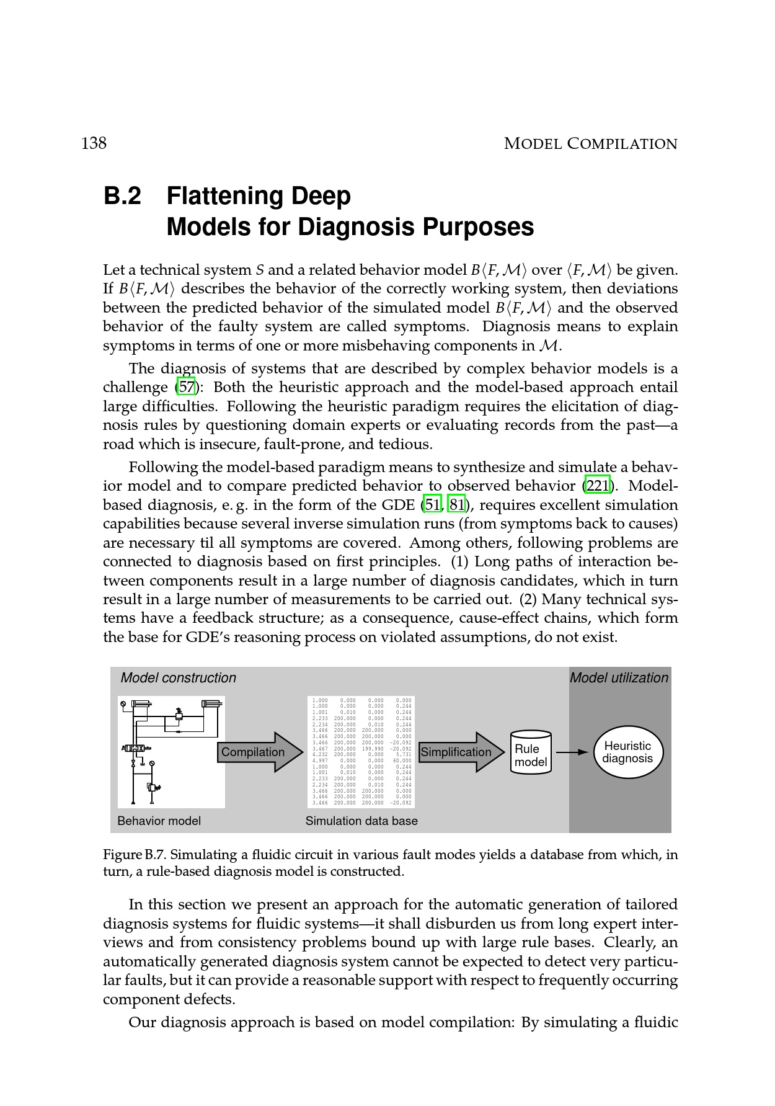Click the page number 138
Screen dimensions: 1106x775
pyautogui.click(x=94, y=143)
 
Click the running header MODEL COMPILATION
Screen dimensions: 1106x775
pyautogui.click(x=590, y=144)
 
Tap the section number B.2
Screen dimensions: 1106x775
pyautogui.click(x=122, y=196)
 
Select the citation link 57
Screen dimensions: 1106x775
pyautogui.click(x=187, y=388)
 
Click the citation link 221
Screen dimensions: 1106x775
pyautogui.click(x=597, y=486)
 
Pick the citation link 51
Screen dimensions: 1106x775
pyautogui.click(x=432, y=505)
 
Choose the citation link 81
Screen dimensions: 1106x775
pyautogui.click(x=457, y=505)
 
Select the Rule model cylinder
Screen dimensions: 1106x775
pyautogui.click(x=531, y=752)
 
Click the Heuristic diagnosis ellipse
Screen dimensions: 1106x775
pyautogui.click(x=627, y=752)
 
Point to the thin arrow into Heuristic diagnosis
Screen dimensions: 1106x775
pyautogui.click(x=572, y=752)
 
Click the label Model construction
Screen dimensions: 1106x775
pyautogui.click(x=179, y=678)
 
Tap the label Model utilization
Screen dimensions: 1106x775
pyautogui.click(x=619, y=678)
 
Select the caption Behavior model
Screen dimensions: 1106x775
pyautogui.click(x=159, y=821)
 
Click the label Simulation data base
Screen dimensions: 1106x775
pyautogui.click(x=361, y=821)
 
